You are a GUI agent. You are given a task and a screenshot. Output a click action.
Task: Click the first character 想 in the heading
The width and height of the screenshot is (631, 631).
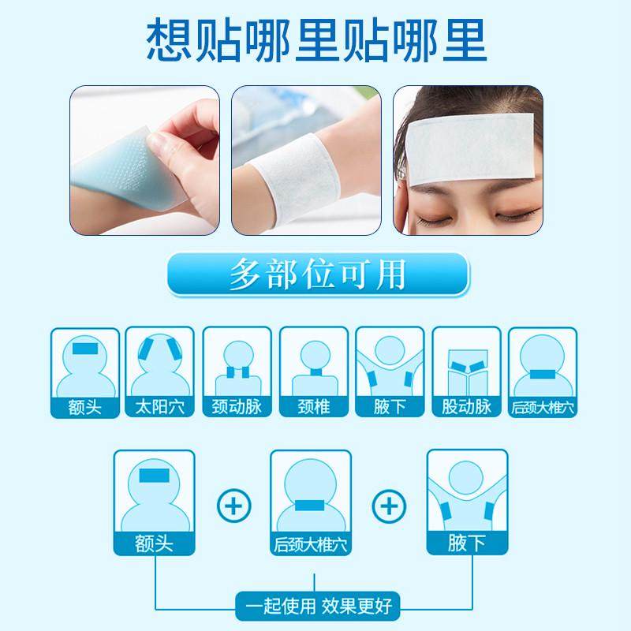pyautogui.click(x=167, y=38)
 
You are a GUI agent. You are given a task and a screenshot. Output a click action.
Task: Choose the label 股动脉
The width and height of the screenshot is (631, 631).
pyautogui.click(x=467, y=409)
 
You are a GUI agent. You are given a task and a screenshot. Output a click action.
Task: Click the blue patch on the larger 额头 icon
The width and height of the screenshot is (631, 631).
pyautogui.click(x=155, y=476)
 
